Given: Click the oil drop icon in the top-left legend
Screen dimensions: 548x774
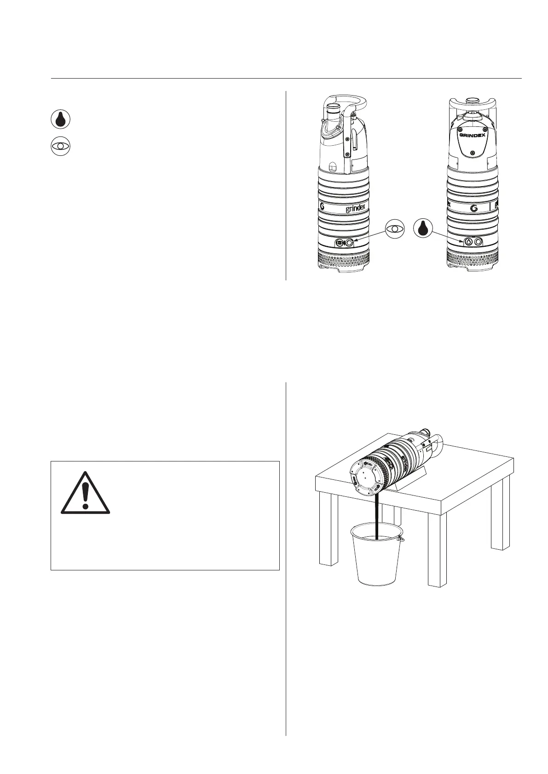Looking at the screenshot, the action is click(x=60, y=120).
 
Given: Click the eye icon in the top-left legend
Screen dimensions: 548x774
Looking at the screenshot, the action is click(x=60, y=146).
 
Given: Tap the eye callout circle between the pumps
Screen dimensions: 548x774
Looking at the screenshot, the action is click(x=395, y=229).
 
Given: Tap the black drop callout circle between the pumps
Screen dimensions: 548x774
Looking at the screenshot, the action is click(x=423, y=229).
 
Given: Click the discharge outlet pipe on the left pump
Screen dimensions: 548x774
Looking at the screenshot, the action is click(x=333, y=113).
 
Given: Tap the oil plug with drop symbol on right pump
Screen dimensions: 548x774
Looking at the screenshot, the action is click(x=468, y=241).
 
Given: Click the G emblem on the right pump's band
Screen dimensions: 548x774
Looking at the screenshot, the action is click(x=474, y=208).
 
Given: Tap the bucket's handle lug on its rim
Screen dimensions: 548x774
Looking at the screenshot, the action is click(x=401, y=539).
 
